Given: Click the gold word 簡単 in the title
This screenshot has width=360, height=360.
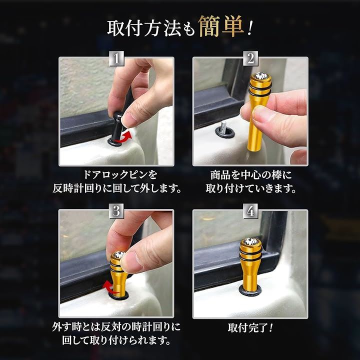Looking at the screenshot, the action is click(x=221, y=26).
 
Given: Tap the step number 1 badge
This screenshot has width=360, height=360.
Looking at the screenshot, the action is click(x=116, y=58).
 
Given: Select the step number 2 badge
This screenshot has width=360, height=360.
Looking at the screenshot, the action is click(x=250, y=58).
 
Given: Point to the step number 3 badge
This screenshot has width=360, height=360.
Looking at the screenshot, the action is click(x=116, y=211).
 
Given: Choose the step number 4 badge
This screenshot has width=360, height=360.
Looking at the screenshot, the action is click(x=250, y=211).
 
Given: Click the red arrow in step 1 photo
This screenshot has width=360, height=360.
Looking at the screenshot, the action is click(x=123, y=137).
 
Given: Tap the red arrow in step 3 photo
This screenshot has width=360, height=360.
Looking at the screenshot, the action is click(x=110, y=287).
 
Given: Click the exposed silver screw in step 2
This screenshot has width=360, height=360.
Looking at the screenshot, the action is click(x=222, y=128).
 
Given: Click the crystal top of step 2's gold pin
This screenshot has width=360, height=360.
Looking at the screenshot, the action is click(x=260, y=75).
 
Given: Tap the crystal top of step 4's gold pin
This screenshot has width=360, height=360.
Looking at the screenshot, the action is click(x=250, y=241).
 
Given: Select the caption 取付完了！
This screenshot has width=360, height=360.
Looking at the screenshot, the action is click(x=250, y=327).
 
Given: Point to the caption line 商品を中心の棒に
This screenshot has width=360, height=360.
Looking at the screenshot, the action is click(x=251, y=175).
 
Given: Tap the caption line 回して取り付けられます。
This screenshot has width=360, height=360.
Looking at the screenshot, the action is click(x=116, y=340).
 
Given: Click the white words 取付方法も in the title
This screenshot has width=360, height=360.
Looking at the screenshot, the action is click(x=151, y=28).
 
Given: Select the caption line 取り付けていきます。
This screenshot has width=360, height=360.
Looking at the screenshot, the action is click(x=251, y=188).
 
